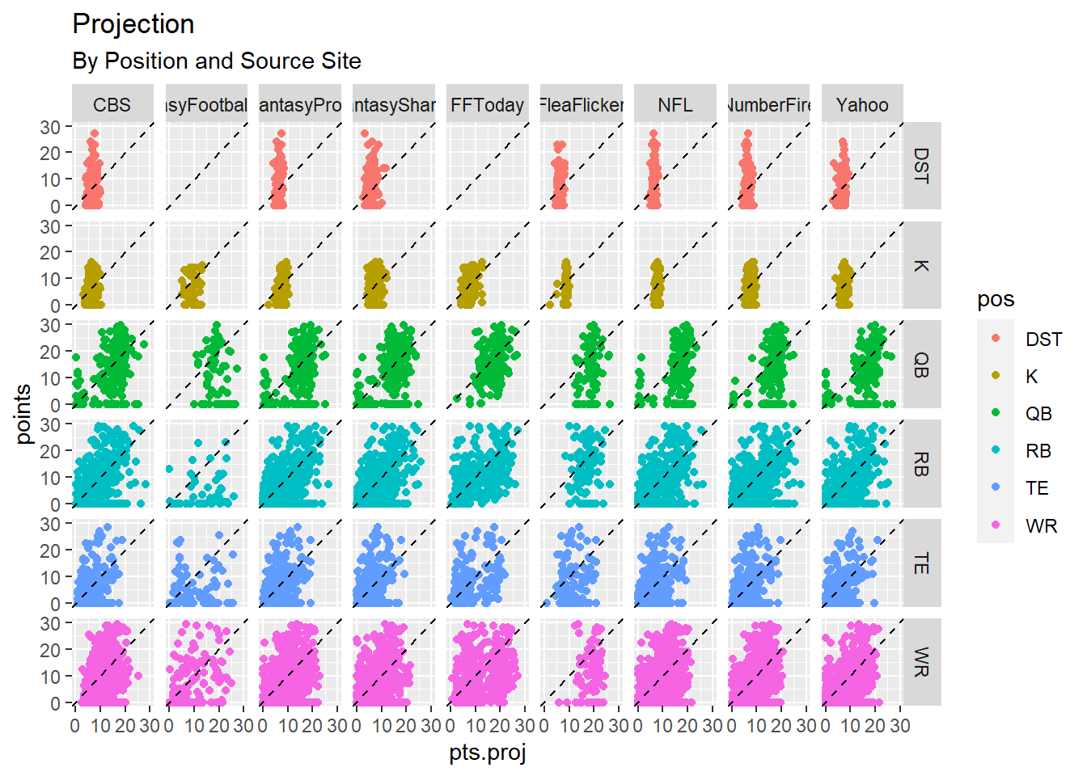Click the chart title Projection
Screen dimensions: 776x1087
tap(133, 24)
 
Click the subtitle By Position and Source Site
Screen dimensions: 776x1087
tap(217, 61)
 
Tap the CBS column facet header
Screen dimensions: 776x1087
tap(112, 105)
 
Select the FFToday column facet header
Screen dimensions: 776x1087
tap(487, 105)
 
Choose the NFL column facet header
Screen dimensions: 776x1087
tap(675, 105)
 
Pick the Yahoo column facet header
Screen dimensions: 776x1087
tap(862, 105)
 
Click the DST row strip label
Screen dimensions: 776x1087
tap(921, 166)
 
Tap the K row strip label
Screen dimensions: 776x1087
tap(921, 265)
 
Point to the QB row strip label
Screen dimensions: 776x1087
tap(921, 365)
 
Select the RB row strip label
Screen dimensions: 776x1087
tap(921, 464)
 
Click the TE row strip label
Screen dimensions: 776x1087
tap(921, 563)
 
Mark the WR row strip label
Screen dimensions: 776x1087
tap(921, 662)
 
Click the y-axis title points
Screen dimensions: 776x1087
tap(23, 414)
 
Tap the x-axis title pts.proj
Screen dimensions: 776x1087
tap(488, 753)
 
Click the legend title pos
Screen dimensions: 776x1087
tap(996, 300)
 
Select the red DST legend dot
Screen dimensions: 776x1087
tap(996, 339)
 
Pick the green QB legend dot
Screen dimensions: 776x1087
tap(996, 413)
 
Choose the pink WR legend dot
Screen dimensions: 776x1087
tap(996, 525)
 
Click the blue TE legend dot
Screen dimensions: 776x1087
tap(996, 487)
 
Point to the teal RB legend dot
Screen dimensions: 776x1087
tap(996, 450)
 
